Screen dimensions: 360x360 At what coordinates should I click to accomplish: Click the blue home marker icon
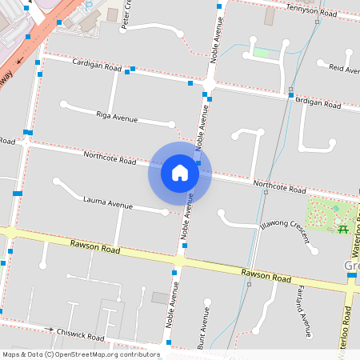180,173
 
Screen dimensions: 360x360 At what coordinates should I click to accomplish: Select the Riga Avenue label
117,118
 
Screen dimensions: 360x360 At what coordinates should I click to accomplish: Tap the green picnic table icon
343,229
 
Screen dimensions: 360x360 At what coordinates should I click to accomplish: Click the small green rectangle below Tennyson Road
262,53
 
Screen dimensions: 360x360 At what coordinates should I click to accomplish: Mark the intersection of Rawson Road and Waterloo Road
350,285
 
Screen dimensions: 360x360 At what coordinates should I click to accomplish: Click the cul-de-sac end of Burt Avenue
207,302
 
